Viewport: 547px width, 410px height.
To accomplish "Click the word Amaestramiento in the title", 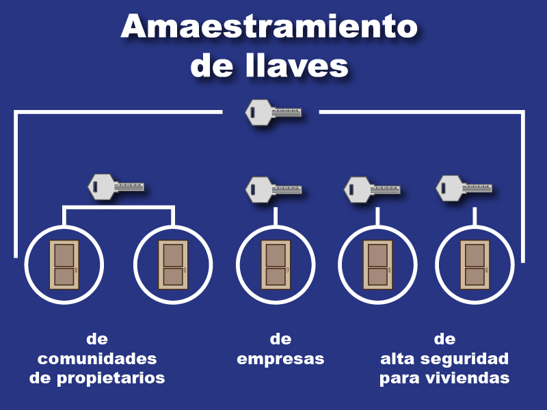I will [269, 27].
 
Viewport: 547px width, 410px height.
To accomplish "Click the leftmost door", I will [64, 264].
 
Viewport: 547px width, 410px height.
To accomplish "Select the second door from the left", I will [173, 264].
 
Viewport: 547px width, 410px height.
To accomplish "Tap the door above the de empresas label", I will [276, 264].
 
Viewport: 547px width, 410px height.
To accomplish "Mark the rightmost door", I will [475, 264].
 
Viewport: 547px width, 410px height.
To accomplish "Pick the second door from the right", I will [377, 264].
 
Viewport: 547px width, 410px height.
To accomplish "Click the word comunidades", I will [97, 359].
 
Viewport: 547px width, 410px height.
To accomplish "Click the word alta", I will [398, 359].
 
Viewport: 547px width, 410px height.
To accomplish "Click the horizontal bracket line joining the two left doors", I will [118, 206].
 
